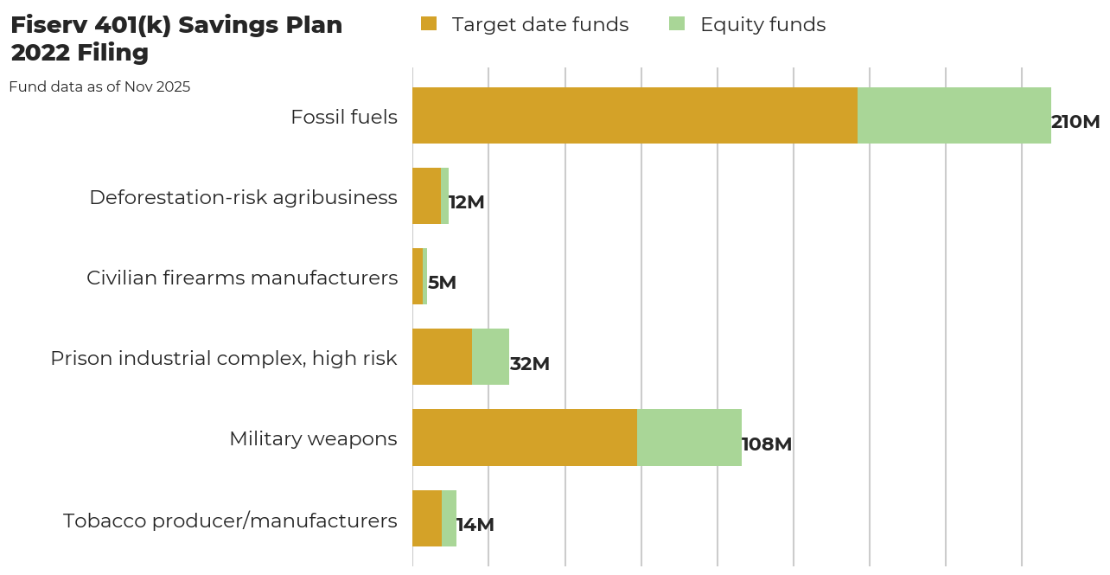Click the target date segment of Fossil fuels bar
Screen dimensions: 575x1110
point(635,115)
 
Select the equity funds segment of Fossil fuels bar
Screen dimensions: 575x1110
point(954,115)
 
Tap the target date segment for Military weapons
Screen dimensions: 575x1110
point(525,438)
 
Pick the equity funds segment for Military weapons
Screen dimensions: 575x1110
point(689,438)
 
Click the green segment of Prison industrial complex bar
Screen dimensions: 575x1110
point(490,356)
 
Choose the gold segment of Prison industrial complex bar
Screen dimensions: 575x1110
point(442,356)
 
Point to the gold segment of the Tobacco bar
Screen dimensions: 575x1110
point(427,518)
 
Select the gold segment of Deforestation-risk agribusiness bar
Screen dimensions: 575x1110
point(426,195)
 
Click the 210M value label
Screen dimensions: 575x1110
point(1075,122)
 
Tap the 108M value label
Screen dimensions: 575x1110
point(767,444)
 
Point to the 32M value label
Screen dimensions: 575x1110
point(530,364)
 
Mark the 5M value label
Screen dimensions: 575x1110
point(442,283)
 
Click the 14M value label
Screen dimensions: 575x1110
point(475,525)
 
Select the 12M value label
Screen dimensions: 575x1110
point(467,202)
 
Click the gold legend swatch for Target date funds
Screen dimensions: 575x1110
point(429,24)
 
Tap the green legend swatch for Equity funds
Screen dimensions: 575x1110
point(677,24)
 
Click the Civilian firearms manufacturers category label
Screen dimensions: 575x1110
point(242,278)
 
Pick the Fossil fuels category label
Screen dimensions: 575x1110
point(344,117)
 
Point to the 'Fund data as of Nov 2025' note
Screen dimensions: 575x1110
point(99,86)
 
